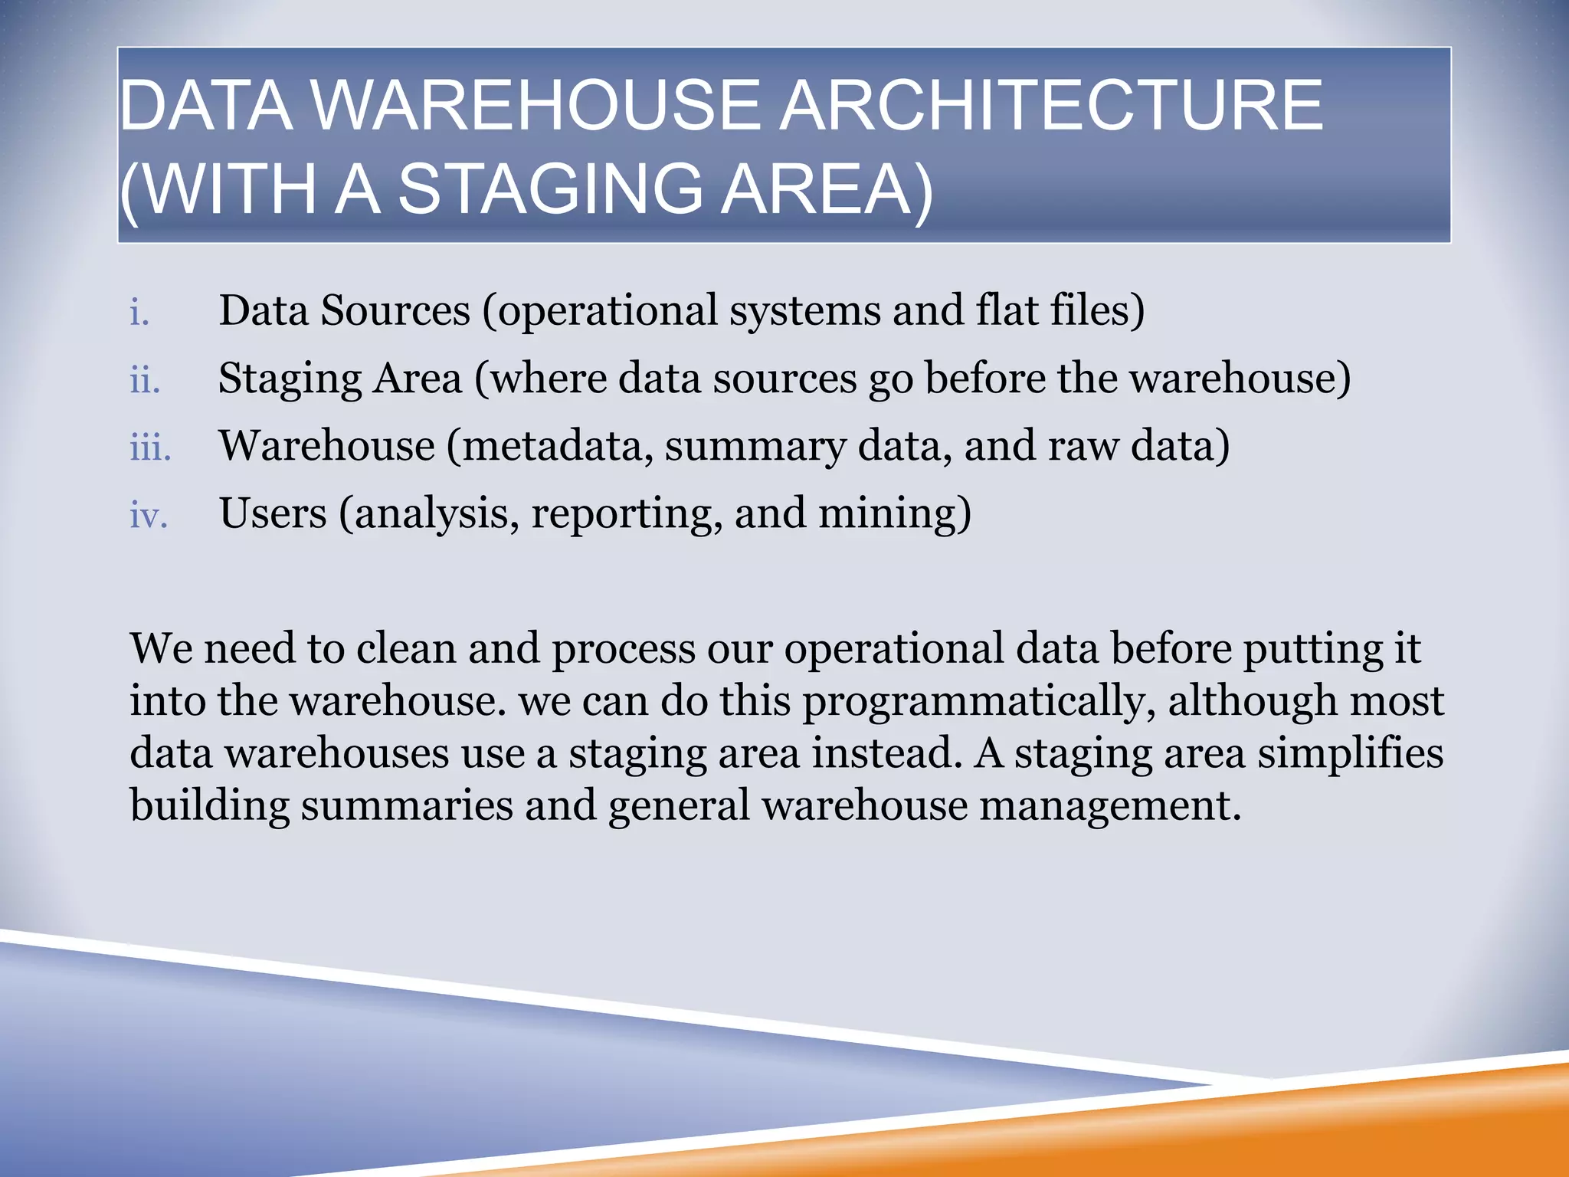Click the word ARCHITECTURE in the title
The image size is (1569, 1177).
[x=1051, y=106]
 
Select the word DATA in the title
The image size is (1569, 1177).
[x=206, y=106]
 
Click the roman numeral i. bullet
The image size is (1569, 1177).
[x=139, y=313]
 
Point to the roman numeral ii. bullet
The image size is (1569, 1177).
[x=145, y=380]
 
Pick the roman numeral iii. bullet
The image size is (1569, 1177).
[x=150, y=448]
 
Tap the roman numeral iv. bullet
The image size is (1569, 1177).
[x=149, y=515]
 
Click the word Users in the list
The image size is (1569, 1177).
[x=273, y=513]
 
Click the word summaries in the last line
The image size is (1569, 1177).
[x=406, y=805]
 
